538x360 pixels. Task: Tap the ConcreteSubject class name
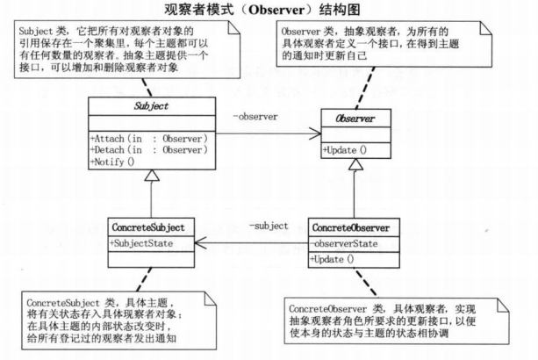[x=149, y=226]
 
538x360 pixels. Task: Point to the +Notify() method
[x=115, y=162]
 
